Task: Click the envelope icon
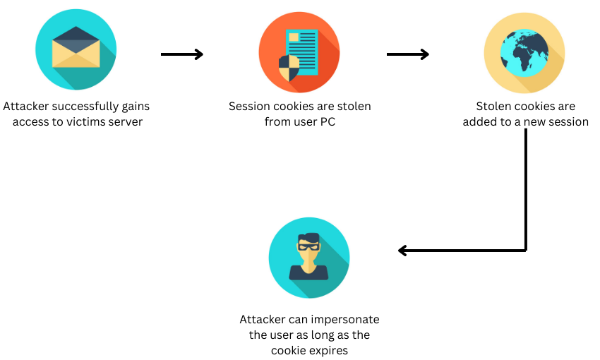tap(76, 49)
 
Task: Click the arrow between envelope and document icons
tap(181, 54)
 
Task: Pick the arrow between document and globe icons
tap(408, 54)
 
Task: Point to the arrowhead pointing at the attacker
tap(403, 250)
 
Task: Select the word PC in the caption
tap(327, 121)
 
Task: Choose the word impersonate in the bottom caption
tap(347, 320)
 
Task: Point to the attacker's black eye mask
tap(308, 246)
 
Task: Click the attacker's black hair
tap(308, 238)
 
